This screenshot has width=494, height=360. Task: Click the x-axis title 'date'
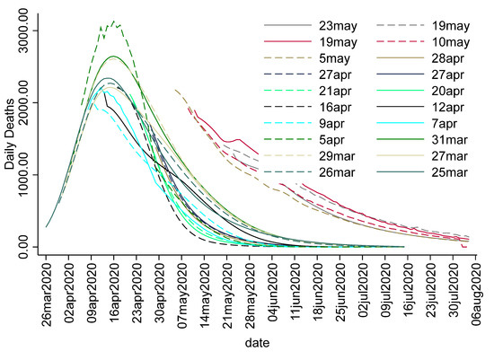pyautogui.click(x=261, y=344)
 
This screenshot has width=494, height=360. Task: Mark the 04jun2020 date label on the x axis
pyautogui.click(x=273, y=292)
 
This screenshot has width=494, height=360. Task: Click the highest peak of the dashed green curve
pyautogui.click(x=113, y=21)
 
